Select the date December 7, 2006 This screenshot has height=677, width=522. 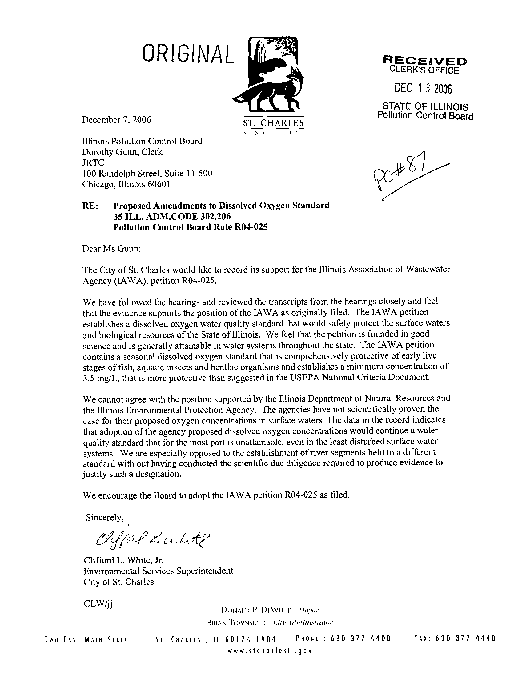click(117, 120)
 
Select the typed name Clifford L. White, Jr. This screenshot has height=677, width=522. click(123, 560)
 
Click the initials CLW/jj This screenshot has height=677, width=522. click(98, 604)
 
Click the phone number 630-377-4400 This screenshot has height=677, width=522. click(361, 638)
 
